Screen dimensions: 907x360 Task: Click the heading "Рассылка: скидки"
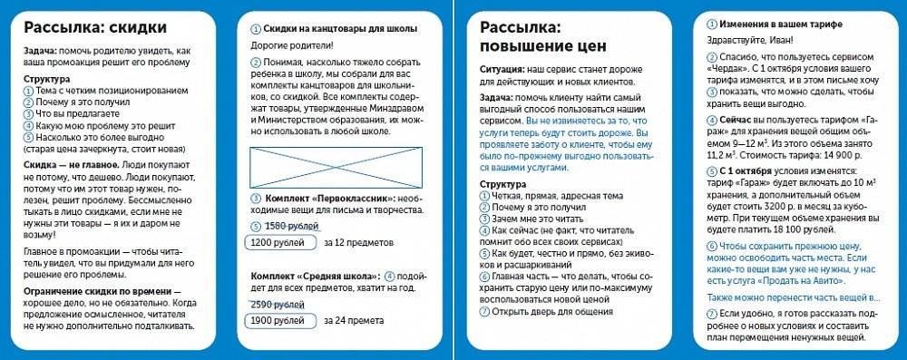88,26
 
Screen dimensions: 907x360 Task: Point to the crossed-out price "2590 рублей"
276,304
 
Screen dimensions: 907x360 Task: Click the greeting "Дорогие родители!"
292,44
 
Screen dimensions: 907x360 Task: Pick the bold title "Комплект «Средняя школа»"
314,276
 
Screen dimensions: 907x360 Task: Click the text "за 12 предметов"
360,243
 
